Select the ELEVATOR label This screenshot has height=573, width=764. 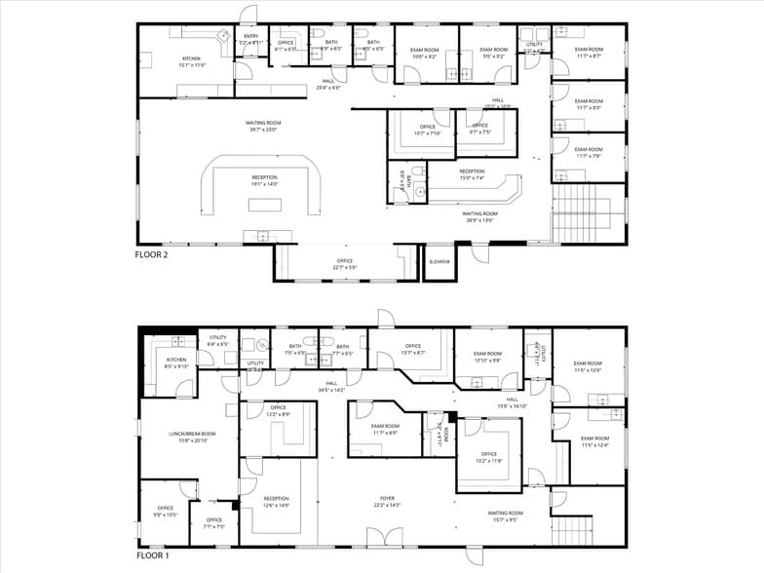tap(439, 261)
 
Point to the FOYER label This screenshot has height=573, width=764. tap(387, 501)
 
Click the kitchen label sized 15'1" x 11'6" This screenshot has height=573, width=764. tap(191, 61)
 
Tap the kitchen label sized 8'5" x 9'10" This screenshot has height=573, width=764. tap(175, 363)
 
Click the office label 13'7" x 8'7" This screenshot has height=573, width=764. tap(413, 349)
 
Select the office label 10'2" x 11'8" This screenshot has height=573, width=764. tap(488, 457)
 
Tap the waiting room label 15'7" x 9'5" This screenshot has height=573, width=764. tap(506, 516)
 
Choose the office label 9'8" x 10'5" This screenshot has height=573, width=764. tap(165, 511)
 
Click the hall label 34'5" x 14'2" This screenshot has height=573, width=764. tap(331, 386)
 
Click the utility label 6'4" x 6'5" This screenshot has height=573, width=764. tap(217, 340)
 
